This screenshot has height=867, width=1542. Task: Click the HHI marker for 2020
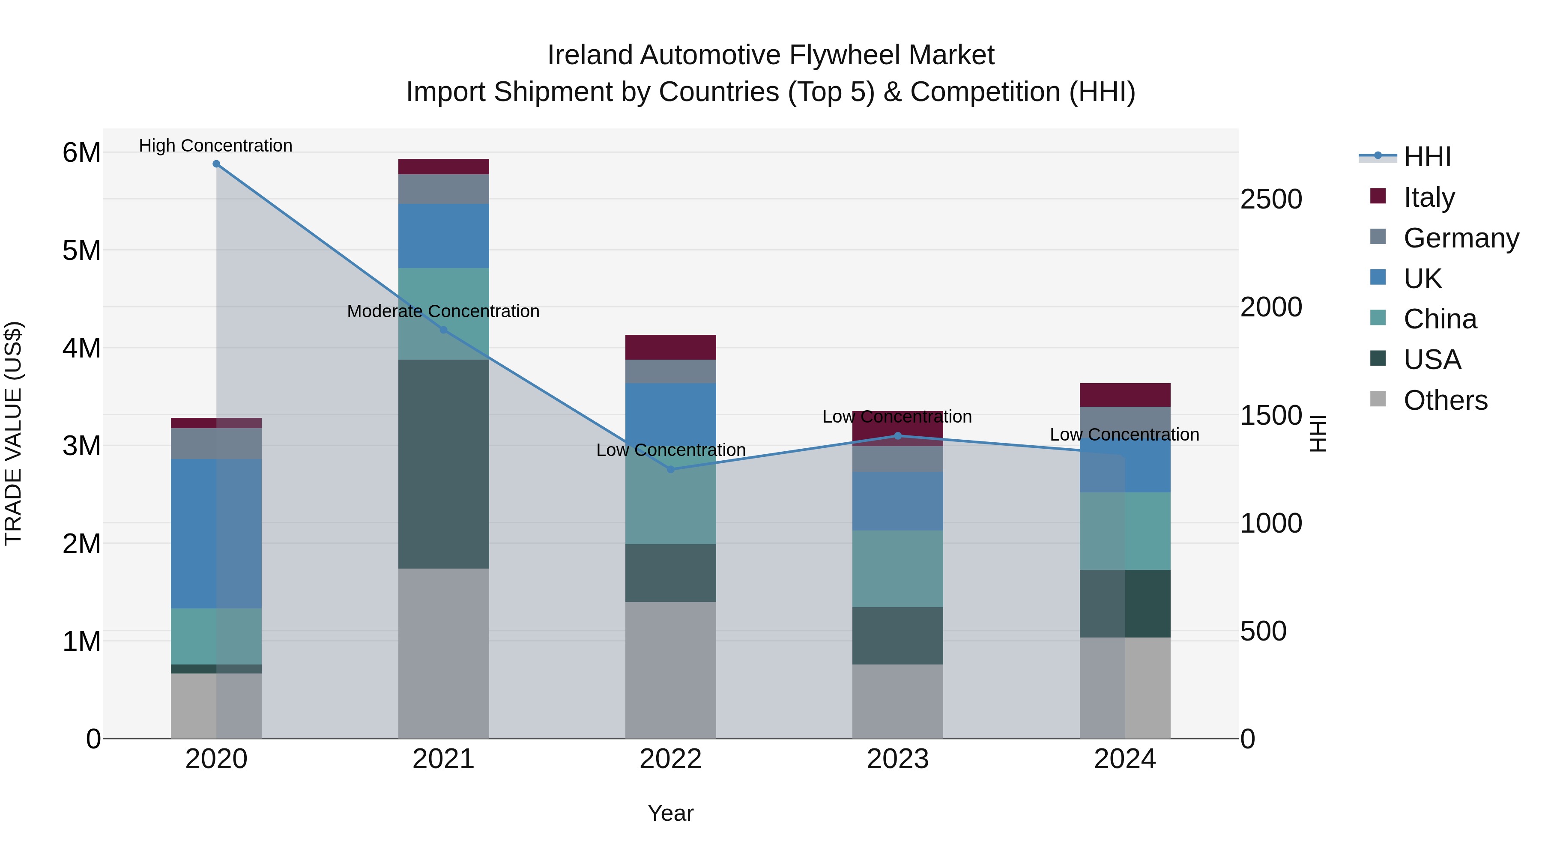[x=216, y=164]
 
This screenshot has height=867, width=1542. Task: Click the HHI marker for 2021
[x=444, y=330]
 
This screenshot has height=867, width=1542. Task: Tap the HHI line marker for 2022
[x=670, y=470]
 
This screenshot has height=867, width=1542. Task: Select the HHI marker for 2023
[x=897, y=436]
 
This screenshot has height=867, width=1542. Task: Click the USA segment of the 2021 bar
[x=444, y=464]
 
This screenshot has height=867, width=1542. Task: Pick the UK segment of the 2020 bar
[x=216, y=534]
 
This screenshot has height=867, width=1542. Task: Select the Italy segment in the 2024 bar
[x=1125, y=395]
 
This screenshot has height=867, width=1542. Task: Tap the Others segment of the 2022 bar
[x=670, y=670]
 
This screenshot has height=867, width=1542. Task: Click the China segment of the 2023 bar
[x=897, y=569]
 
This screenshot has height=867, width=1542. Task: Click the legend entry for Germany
[x=1461, y=238]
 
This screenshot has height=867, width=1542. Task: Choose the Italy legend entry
[x=1429, y=197]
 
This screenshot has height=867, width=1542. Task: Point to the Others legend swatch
[x=1378, y=399]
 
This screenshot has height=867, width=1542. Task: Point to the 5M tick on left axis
[x=81, y=251]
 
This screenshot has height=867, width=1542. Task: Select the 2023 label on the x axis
[x=897, y=759]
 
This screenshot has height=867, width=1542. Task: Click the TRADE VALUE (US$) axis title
[x=13, y=433]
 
